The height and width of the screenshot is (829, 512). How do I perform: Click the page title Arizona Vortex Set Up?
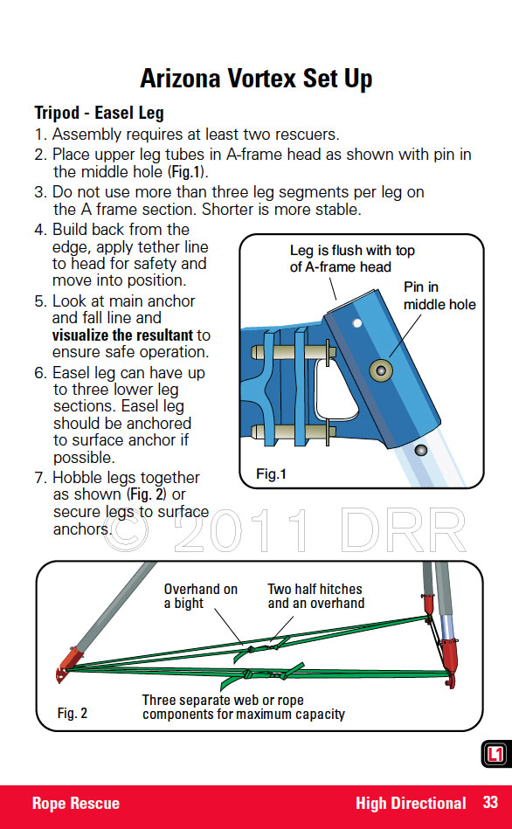coord(256,79)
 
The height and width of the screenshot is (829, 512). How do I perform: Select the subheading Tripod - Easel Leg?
coord(99,113)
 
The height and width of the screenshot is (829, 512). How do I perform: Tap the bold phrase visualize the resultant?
coord(122,335)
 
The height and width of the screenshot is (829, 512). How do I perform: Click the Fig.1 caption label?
coord(271,473)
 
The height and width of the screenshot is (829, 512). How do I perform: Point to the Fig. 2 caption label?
coord(73,713)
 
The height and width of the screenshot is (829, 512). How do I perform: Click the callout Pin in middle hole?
coord(439,295)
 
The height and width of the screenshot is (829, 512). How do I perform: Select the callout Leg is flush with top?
coord(352,250)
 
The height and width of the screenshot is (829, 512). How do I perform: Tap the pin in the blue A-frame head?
coord(380,370)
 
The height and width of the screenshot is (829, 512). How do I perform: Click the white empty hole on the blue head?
coord(357,323)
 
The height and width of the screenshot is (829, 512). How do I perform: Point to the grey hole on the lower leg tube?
coord(420,451)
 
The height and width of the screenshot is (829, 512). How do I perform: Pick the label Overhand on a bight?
coord(200,596)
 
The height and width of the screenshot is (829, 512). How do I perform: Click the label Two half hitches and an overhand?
coord(315,596)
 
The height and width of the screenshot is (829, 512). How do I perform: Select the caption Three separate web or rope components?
coord(243,707)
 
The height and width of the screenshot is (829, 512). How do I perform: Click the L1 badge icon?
coord(495,753)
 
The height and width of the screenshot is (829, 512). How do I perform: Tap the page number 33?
coord(490,803)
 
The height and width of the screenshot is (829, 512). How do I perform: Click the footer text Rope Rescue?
coord(76,803)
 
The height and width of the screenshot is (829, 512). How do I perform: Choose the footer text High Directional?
coord(411,803)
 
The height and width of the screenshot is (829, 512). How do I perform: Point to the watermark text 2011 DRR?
coord(320,529)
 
